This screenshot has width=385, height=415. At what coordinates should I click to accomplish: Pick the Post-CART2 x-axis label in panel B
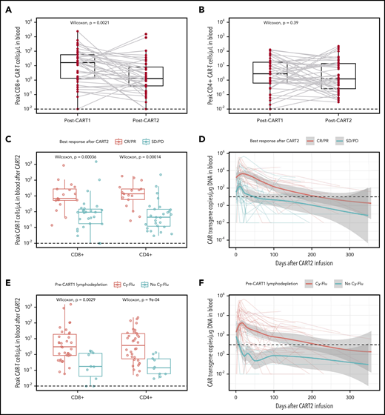coord(334,118)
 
